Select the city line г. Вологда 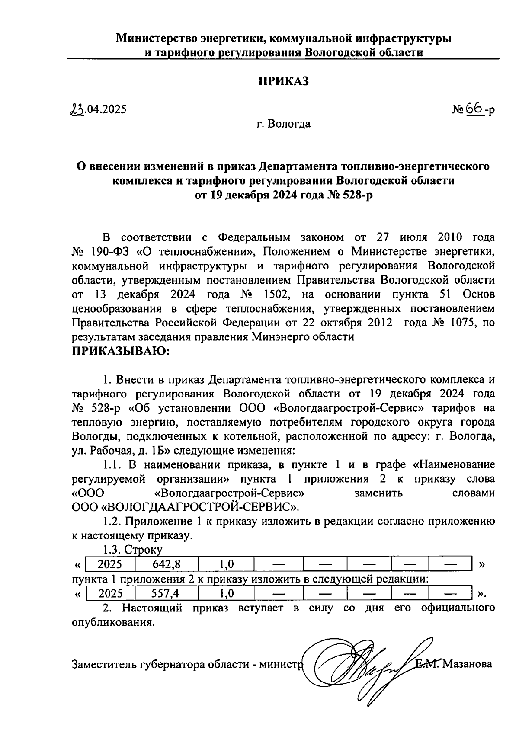[283, 124]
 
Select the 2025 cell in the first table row [110, 564]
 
